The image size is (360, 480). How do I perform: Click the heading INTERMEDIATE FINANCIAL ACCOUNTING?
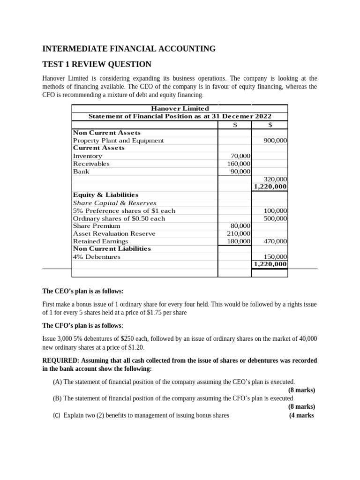[129, 49]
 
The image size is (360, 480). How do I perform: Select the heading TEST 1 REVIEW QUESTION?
[97, 64]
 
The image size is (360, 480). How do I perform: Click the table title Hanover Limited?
[180, 108]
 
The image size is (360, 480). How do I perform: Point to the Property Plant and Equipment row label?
[119, 141]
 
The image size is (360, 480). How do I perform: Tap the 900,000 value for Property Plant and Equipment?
[276, 141]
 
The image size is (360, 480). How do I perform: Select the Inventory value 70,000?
[240, 156]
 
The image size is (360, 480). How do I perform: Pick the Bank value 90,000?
[240, 172]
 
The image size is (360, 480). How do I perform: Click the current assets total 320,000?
[276, 179]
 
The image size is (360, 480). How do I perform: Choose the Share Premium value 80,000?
[240, 225]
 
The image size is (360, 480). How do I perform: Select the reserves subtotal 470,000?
[276, 241]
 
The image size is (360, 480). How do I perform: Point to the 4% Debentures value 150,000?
[276, 257]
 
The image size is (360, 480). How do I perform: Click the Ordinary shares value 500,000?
[276, 218]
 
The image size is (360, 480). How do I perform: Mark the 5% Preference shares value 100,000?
[276, 210]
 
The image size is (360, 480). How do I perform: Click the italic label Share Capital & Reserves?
[115, 202]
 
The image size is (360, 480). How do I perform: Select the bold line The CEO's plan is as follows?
[83, 292]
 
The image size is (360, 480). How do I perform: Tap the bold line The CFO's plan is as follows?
[83, 326]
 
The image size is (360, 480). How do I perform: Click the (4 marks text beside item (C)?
[301, 415]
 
